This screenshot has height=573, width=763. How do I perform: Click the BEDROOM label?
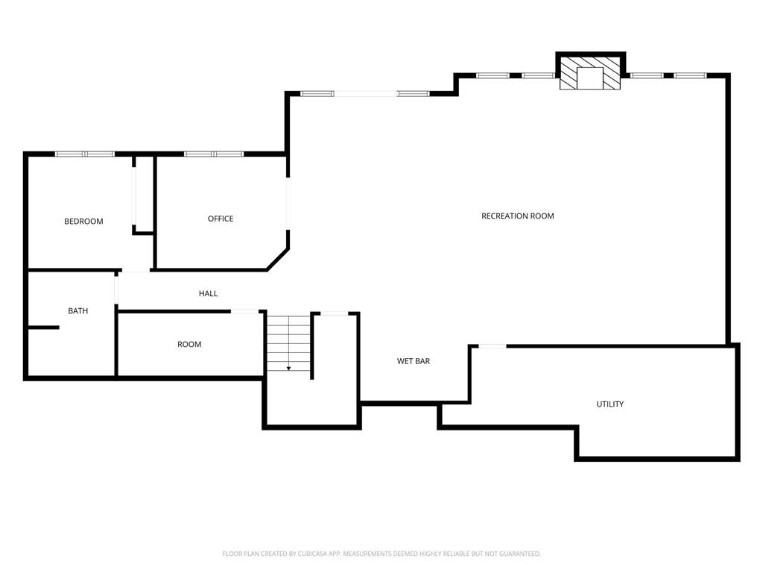tap(83, 221)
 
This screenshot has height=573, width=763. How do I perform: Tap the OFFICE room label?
tap(221, 219)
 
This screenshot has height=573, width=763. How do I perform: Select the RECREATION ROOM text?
tap(518, 216)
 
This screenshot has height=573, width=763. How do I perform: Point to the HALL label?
tap(209, 293)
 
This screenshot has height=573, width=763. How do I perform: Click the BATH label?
tap(77, 311)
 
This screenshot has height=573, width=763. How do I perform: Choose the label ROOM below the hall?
tap(189, 345)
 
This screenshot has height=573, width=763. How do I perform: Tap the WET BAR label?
tap(414, 361)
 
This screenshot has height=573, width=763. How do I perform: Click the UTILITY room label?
tap(610, 404)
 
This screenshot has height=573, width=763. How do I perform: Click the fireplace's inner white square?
tap(590, 78)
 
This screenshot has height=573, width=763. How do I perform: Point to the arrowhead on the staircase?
tap(288, 369)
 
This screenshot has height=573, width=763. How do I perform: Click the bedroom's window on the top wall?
tap(85, 154)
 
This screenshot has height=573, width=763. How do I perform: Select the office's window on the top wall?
tap(214, 154)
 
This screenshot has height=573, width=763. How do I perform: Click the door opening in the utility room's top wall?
tap(493, 346)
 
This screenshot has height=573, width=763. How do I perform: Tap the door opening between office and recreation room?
tap(288, 203)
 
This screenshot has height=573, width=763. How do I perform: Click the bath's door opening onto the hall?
tap(116, 290)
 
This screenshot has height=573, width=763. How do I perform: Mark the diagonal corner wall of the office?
tap(278, 259)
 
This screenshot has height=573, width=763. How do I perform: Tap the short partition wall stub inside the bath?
tap(44, 328)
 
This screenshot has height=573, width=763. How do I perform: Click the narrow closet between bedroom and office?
tap(145, 194)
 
